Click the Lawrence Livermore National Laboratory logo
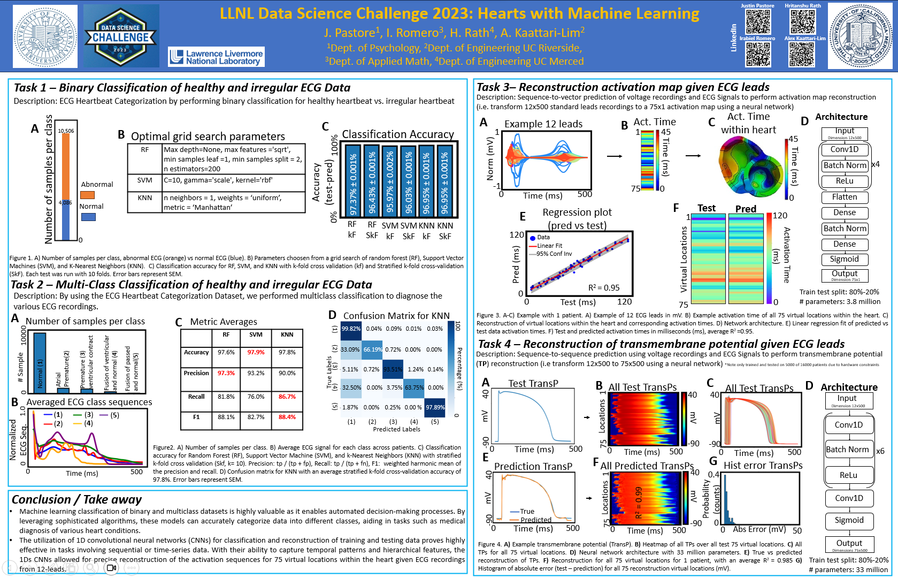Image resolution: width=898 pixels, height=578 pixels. coord(216,57)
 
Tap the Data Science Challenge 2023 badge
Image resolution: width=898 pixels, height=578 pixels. coord(121,36)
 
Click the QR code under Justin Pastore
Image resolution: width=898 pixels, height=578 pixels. coord(758,22)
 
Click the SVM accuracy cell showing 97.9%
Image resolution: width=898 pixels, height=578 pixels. coord(256,352)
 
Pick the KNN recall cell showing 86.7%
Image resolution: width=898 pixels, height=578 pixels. coord(287,397)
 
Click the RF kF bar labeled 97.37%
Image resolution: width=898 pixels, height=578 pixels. coord(352,180)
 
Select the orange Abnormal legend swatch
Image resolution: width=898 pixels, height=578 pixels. coord(87,195)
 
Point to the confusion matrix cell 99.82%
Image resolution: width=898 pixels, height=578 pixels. coord(351,329)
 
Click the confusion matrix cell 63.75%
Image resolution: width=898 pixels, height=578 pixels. coord(414,387)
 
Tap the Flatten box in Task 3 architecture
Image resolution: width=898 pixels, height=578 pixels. coord(844,197)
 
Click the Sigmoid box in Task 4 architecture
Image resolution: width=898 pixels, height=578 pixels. coord(849,520)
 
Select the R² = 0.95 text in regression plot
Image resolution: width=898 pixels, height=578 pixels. coord(604,288)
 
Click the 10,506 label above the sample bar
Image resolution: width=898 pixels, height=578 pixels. coord(66,131)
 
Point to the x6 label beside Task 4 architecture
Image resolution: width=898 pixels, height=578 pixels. coord(880,451)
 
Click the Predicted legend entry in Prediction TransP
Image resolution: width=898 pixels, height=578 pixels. coord(535,520)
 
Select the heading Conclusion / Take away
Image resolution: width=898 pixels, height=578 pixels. coord(76,499)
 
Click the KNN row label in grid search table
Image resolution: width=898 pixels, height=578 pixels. coord(144,197)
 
